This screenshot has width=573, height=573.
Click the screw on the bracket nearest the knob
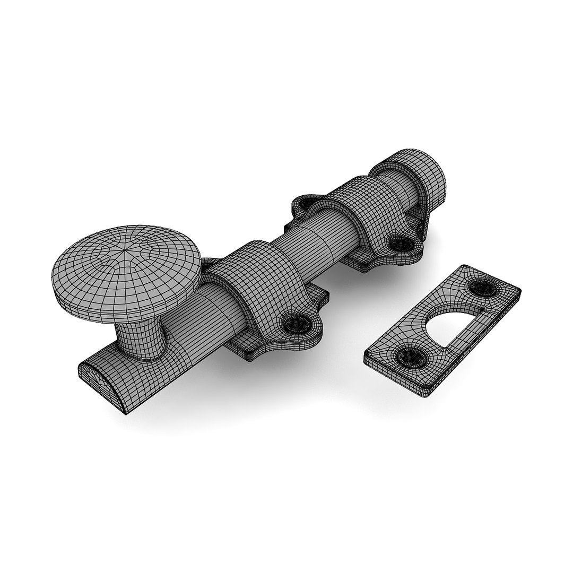295,323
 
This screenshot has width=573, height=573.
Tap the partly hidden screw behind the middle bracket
307,202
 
